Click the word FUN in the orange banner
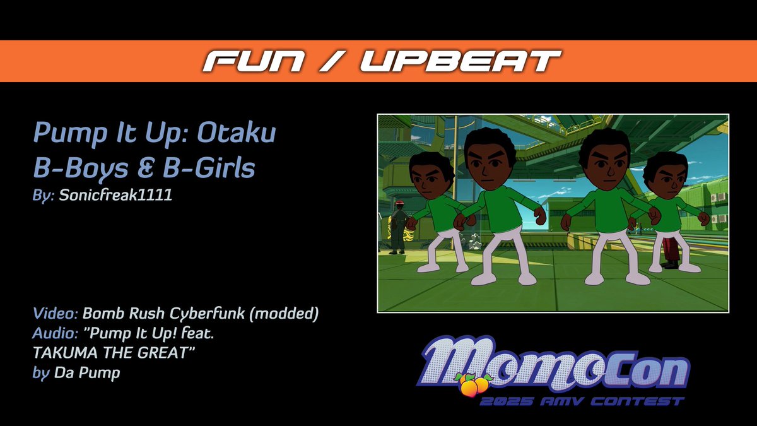(250, 61)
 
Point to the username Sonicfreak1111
(115, 196)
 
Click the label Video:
(56, 313)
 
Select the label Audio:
(56, 333)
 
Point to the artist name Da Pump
(87, 373)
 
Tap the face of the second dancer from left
(490, 165)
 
